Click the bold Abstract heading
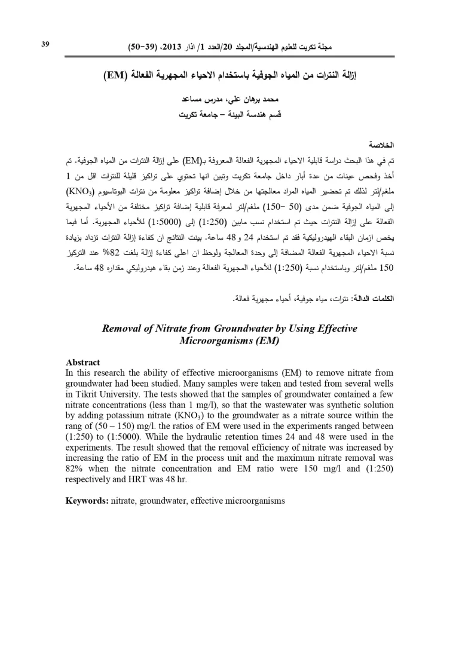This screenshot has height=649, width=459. click(82, 363)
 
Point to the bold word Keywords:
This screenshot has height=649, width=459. click(87, 500)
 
